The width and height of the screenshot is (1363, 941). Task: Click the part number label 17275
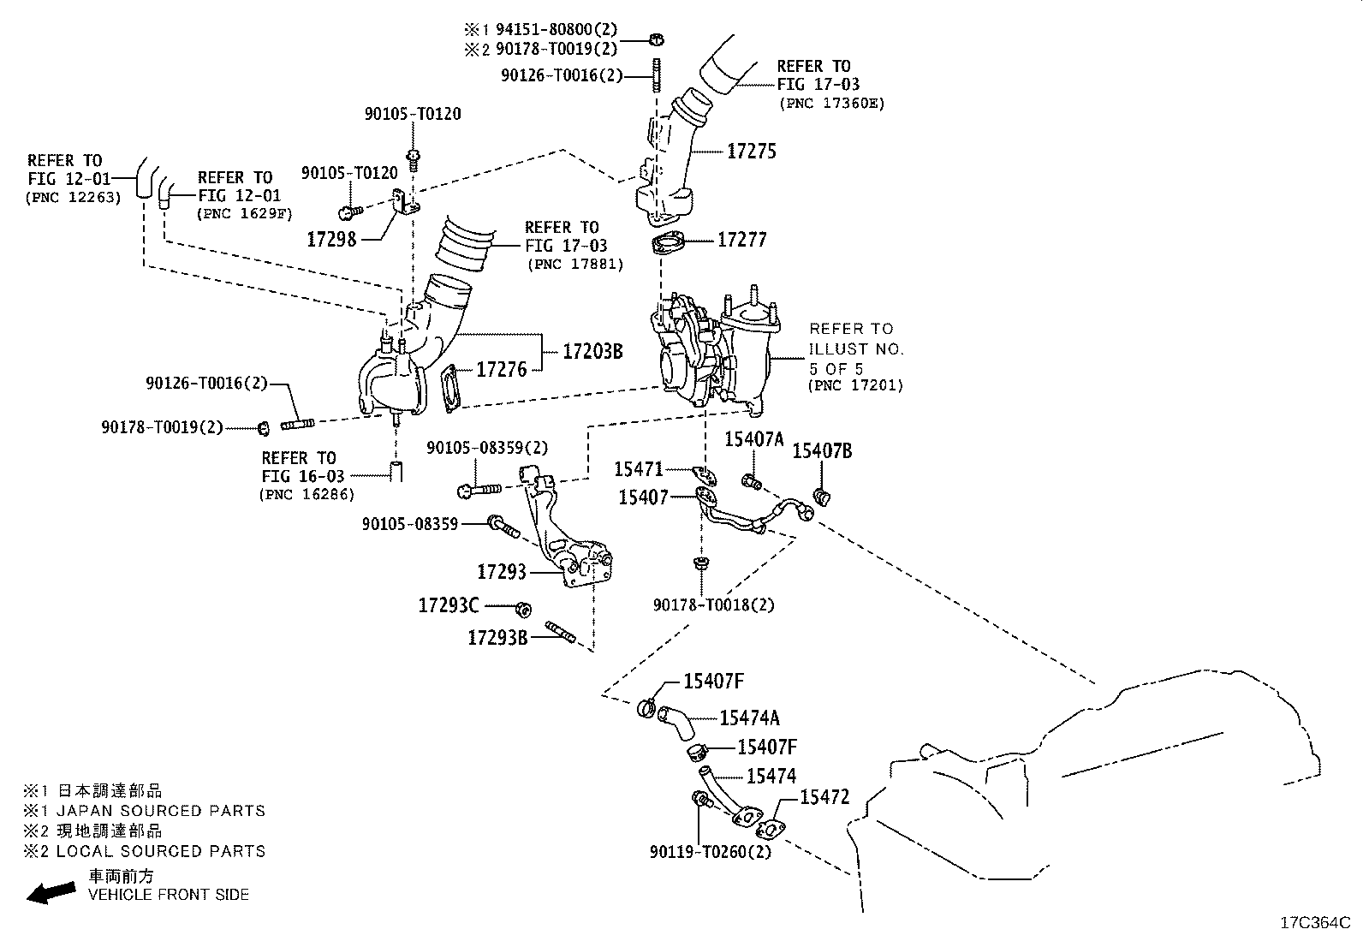coord(752,152)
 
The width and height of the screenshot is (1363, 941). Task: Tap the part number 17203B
coord(592,352)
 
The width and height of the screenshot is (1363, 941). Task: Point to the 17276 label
coord(502,369)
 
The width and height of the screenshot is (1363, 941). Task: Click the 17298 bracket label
coord(331,239)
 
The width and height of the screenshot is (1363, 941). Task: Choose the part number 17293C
coord(449,605)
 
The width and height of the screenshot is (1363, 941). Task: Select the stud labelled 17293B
coord(561,631)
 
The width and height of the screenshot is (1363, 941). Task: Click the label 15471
coord(639,469)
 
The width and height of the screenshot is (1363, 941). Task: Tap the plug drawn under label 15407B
coord(822,496)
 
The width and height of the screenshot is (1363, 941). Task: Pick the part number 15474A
coord(749,718)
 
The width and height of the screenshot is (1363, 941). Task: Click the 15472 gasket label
coord(824,797)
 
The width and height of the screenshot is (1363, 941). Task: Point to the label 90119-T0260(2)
coord(710,852)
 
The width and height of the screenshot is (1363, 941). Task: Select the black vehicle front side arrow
coord(51,892)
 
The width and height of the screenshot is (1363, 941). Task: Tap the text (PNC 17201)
coord(855,386)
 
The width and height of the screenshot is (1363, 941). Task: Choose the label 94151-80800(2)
coord(557,29)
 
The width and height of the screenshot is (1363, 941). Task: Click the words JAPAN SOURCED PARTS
coord(161,811)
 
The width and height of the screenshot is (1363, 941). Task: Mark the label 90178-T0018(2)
coord(714,605)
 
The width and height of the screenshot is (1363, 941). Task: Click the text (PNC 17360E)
coord(832,104)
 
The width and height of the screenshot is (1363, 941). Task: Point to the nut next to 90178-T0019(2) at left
coord(264,428)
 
